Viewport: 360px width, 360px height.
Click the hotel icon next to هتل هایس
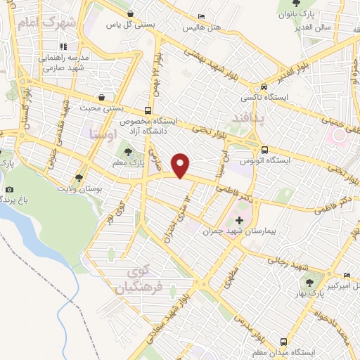coord(202,16)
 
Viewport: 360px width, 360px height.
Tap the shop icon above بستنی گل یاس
coord(129,13)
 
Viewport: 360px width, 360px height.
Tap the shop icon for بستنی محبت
coord(103,97)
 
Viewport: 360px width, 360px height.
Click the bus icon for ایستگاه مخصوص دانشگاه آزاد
coord(148,110)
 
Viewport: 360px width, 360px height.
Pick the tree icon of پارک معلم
coord(127,150)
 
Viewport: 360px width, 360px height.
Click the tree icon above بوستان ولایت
coord(79,178)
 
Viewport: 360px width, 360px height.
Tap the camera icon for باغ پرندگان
coord(9,189)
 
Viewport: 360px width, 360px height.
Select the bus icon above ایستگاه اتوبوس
coord(264,150)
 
